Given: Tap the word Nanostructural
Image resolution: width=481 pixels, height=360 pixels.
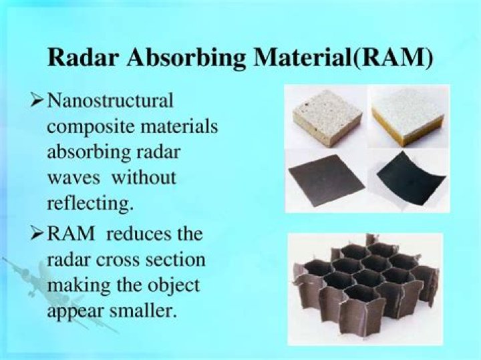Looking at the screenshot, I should [x=110, y=102].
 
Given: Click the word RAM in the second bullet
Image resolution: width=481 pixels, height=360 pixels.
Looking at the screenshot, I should [x=71, y=235].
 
